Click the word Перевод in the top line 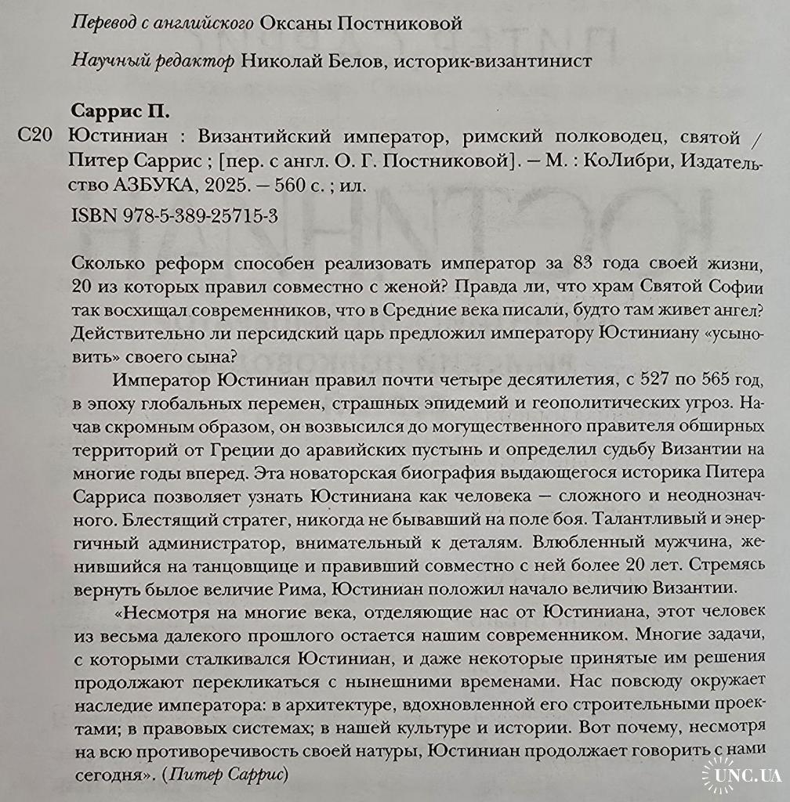tap(100, 23)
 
